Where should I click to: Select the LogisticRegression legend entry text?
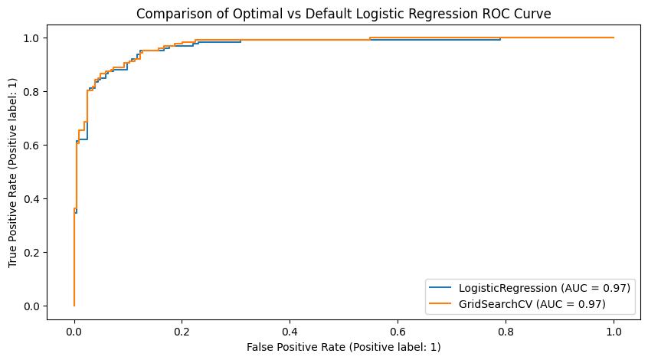544,288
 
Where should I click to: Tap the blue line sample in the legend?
440,288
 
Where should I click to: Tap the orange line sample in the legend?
440,304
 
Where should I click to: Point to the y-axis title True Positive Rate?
13,172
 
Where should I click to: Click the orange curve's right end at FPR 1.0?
614,38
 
